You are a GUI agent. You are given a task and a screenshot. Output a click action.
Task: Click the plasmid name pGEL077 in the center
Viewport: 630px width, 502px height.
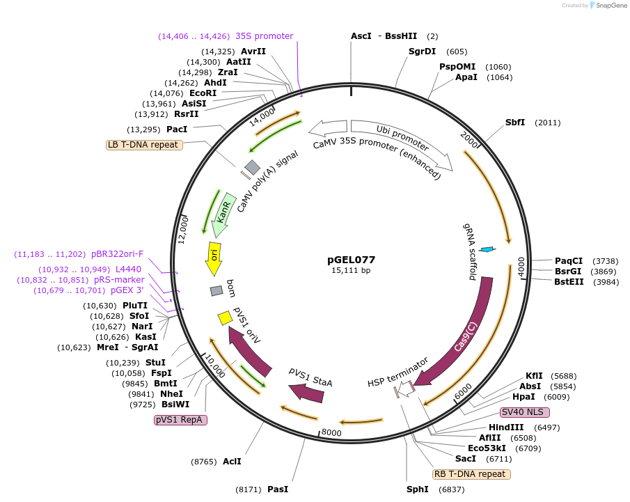351,260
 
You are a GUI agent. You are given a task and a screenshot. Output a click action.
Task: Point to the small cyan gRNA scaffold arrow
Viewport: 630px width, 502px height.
488,249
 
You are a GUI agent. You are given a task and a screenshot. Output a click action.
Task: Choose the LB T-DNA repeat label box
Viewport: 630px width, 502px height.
143,145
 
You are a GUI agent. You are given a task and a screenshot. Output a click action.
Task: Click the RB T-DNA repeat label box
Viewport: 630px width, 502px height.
471,474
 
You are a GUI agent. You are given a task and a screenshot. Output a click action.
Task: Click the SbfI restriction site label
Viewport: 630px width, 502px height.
515,123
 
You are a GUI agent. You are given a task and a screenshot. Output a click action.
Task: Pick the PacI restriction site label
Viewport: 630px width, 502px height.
177,130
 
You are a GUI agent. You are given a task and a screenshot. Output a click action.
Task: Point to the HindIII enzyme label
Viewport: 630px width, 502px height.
506,427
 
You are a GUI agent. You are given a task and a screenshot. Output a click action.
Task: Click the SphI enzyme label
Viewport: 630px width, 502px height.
418,489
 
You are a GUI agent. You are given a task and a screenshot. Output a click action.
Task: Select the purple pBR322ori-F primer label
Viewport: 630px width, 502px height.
117,254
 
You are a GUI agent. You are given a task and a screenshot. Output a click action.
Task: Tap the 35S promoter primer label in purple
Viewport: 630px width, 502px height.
264,36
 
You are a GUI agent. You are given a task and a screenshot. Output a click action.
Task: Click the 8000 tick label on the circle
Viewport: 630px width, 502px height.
331,432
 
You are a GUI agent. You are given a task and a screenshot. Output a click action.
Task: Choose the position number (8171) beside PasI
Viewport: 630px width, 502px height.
248,489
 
